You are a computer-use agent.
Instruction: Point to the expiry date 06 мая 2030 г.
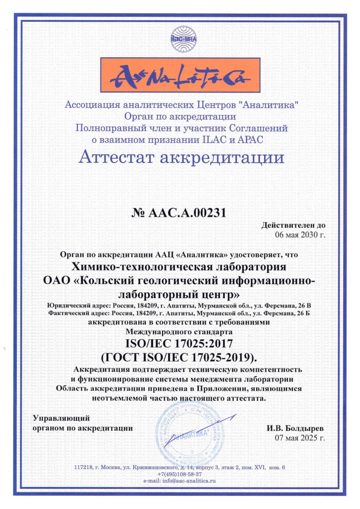pyautogui.click(x=301, y=235)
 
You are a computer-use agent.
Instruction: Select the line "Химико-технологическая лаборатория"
pyautogui.click(x=180, y=265)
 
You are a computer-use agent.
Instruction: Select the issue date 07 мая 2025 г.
pyautogui.click(x=300, y=438)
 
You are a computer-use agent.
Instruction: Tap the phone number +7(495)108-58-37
pyautogui.click(x=180, y=474)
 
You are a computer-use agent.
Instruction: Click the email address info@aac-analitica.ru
pyautogui.click(x=180, y=480)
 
